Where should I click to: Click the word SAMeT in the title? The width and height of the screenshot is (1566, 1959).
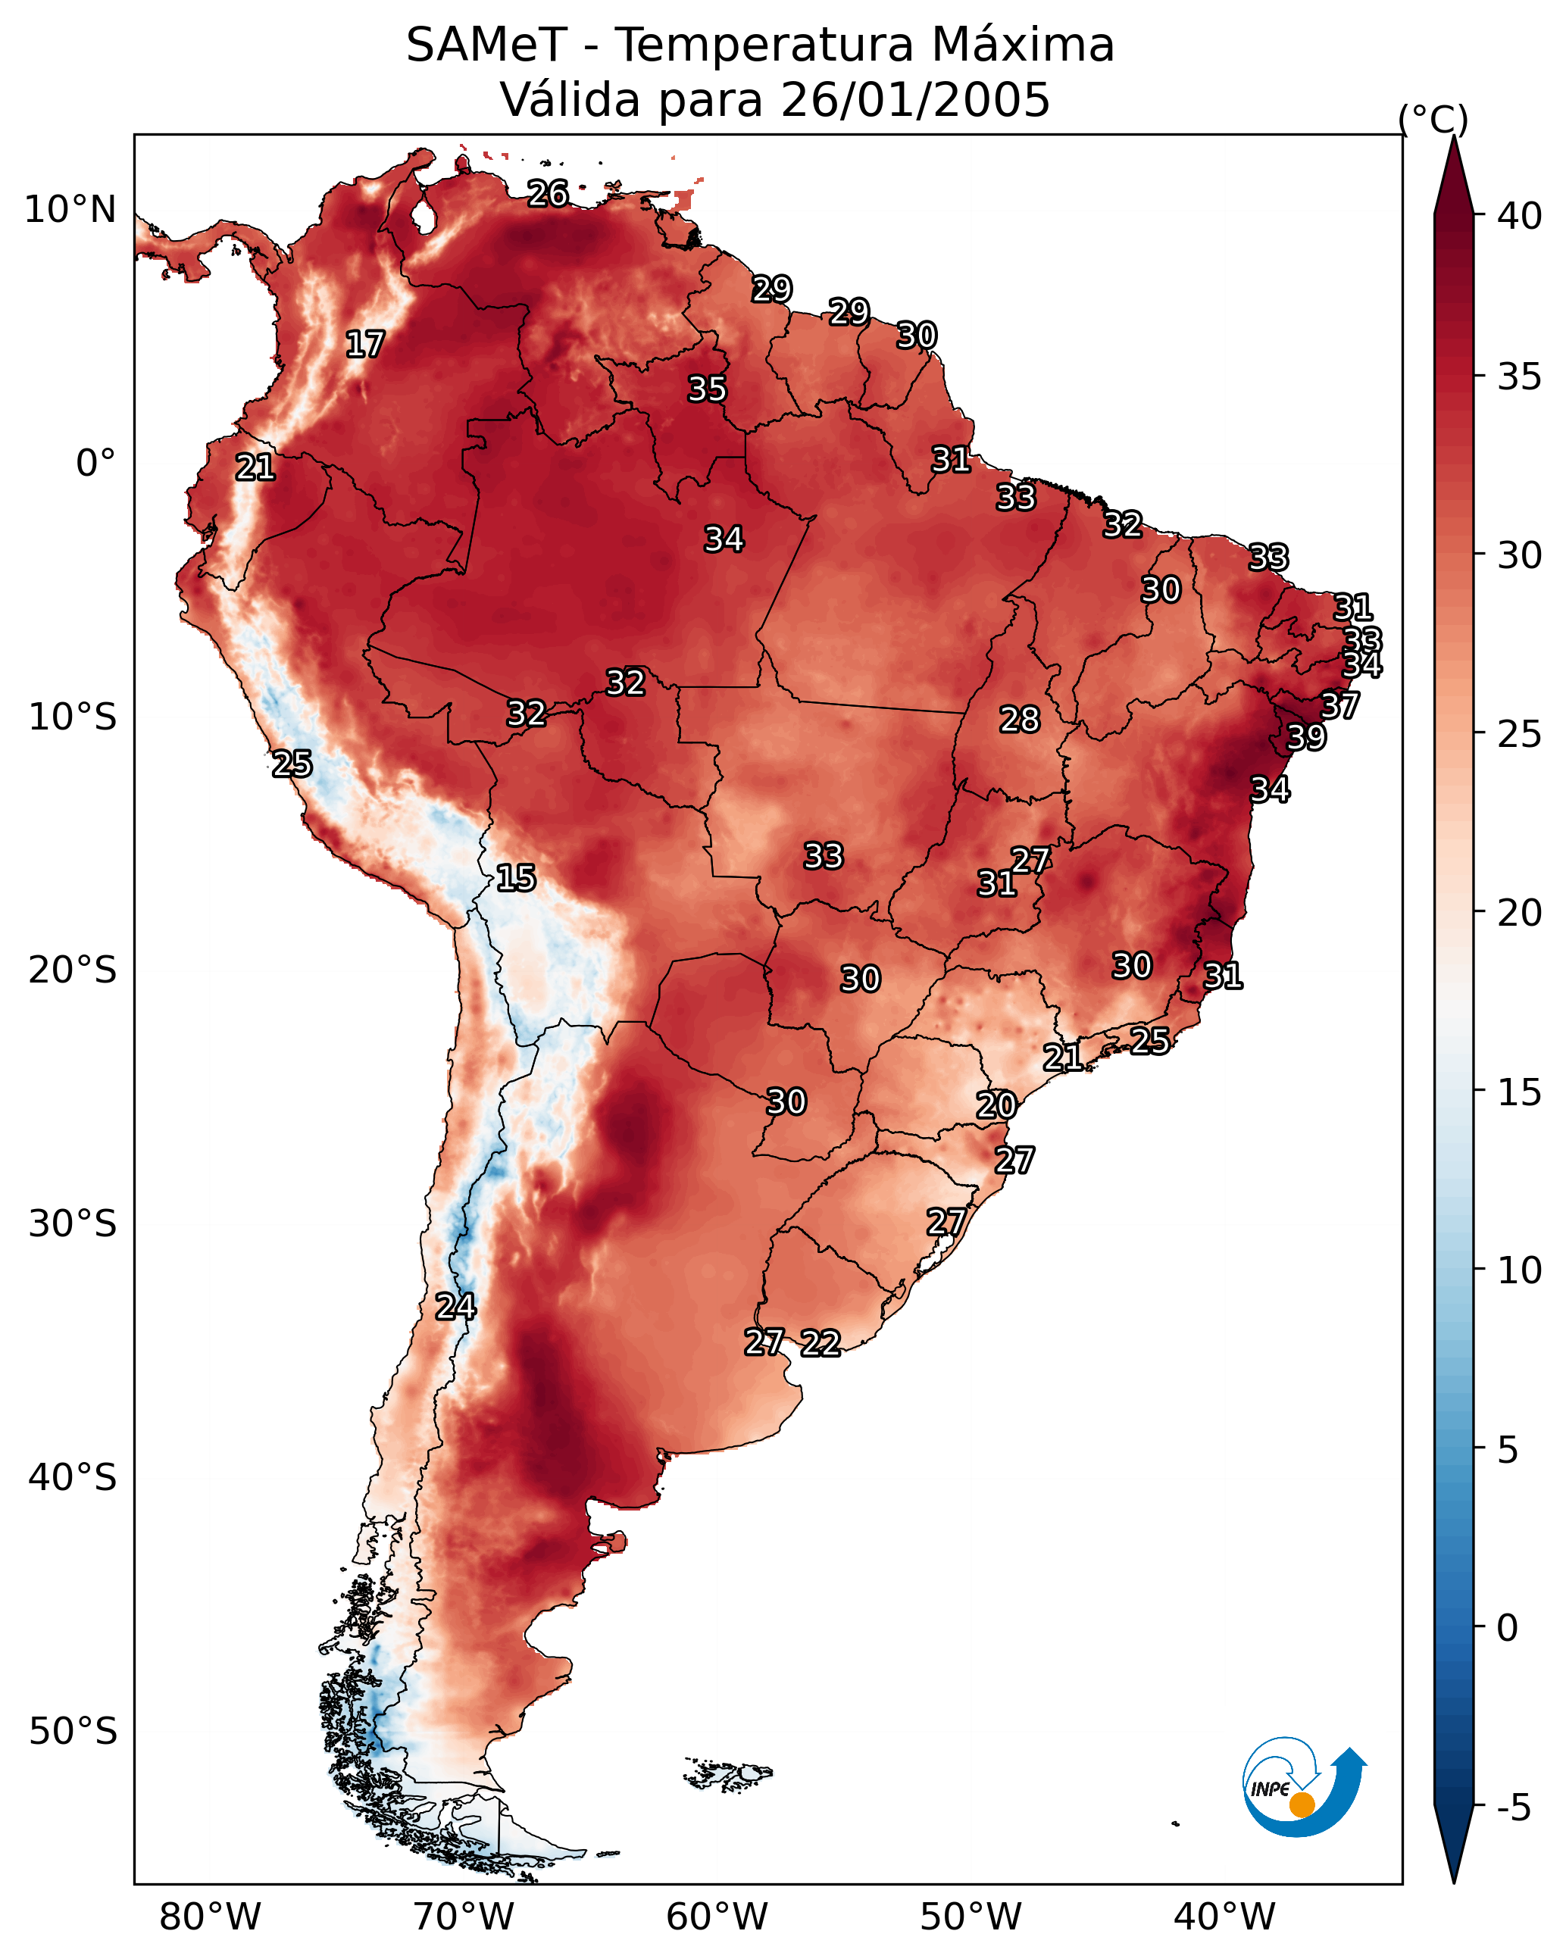[x=486, y=45]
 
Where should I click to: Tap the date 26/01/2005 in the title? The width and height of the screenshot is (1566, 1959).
[x=915, y=100]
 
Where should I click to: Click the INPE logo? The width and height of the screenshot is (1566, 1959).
[x=1303, y=1789]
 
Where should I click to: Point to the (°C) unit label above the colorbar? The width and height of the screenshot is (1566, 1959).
[x=1433, y=119]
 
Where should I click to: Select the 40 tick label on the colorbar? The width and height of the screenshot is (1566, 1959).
[x=1520, y=216]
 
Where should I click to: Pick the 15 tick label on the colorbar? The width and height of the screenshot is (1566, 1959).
[x=1520, y=1092]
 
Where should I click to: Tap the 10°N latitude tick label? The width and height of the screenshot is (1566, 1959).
[x=70, y=210]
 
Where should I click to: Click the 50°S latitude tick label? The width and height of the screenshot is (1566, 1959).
[x=73, y=1732]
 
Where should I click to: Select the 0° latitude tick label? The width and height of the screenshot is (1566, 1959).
[x=96, y=464]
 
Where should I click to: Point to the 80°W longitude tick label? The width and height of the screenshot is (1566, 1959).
[x=210, y=1917]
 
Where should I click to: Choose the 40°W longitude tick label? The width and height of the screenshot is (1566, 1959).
[x=1224, y=1917]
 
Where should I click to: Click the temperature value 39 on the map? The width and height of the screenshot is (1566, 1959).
[x=1307, y=737]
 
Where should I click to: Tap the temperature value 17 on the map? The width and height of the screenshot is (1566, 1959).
[x=365, y=345]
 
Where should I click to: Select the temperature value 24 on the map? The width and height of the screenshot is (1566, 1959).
[x=455, y=1307]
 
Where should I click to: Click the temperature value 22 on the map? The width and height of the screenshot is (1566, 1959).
[x=821, y=1343]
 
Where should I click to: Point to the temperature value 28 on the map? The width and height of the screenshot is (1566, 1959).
[x=1020, y=720]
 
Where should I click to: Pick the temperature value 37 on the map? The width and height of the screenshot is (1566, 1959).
[x=1340, y=705]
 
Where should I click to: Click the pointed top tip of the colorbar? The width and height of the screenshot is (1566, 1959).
[x=1453, y=136]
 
